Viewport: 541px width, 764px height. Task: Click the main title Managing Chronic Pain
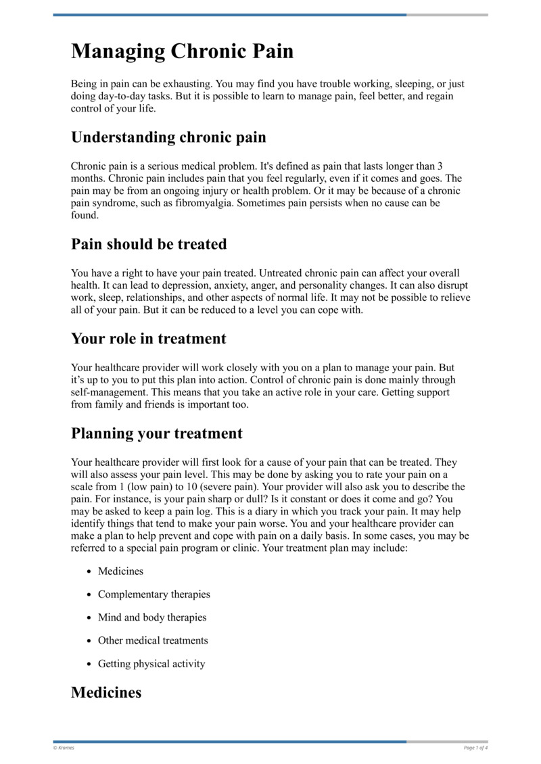tap(183, 51)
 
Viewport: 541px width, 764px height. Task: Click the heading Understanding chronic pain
tap(168, 137)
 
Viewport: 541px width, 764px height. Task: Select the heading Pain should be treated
tap(149, 243)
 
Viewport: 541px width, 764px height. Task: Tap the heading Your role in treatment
tap(149, 338)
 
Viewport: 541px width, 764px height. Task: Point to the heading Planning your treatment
tap(156, 433)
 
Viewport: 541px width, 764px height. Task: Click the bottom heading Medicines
tap(106, 692)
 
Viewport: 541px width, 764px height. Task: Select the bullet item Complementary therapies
tap(154, 594)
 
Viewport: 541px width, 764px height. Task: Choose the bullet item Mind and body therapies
tap(152, 617)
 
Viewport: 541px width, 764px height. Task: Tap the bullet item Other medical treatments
tap(153, 640)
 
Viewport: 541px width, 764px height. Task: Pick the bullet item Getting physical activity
tap(151, 663)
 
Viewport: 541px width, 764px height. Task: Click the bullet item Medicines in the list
tap(120, 571)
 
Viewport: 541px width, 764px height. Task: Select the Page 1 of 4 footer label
tap(475, 747)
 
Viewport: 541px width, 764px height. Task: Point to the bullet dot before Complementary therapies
tap(89, 595)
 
